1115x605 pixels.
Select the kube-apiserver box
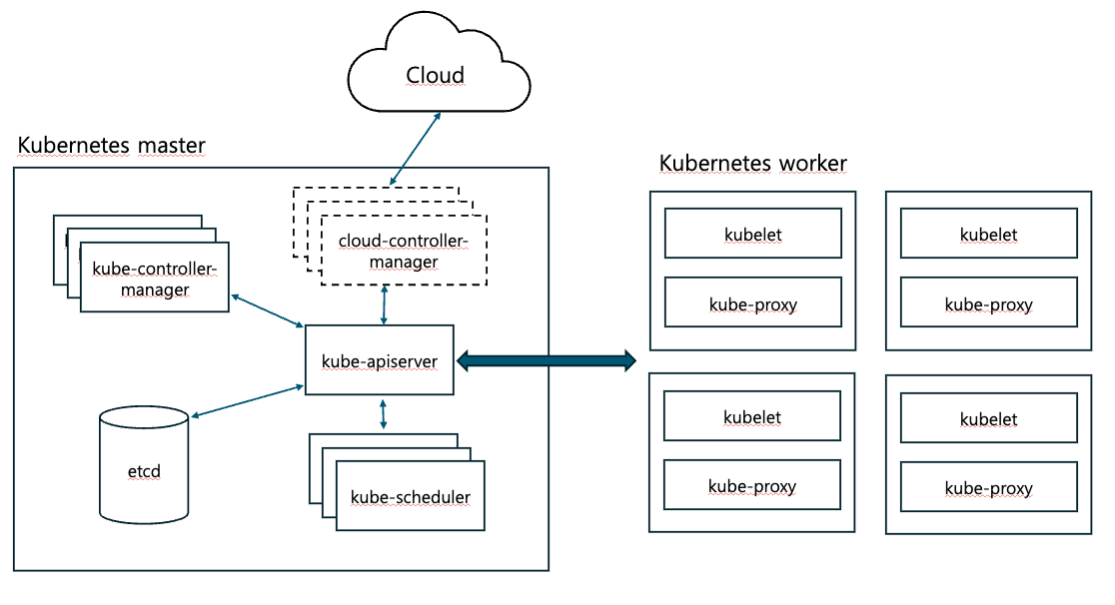(x=380, y=359)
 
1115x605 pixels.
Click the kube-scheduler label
(x=411, y=496)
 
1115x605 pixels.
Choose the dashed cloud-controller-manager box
(x=404, y=251)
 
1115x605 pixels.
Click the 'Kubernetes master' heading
(x=112, y=145)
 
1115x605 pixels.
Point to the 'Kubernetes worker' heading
(x=753, y=163)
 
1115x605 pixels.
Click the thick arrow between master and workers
(x=546, y=360)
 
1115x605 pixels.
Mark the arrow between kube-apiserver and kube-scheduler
(x=384, y=414)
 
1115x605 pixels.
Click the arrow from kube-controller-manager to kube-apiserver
(x=267, y=310)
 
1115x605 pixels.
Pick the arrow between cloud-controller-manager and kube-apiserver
(x=385, y=304)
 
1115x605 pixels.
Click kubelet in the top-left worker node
(x=753, y=235)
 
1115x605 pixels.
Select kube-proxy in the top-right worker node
(x=989, y=303)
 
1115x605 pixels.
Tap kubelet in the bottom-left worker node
(x=753, y=417)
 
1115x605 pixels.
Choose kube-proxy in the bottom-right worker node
(x=989, y=488)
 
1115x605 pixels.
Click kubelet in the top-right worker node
(x=989, y=235)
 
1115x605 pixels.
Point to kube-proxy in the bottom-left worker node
(x=753, y=486)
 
